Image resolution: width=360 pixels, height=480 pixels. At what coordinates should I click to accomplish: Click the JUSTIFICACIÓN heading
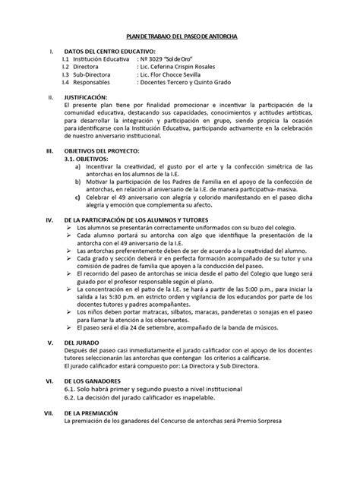(93, 99)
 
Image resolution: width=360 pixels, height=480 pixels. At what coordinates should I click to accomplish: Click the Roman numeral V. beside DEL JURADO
(50, 344)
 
